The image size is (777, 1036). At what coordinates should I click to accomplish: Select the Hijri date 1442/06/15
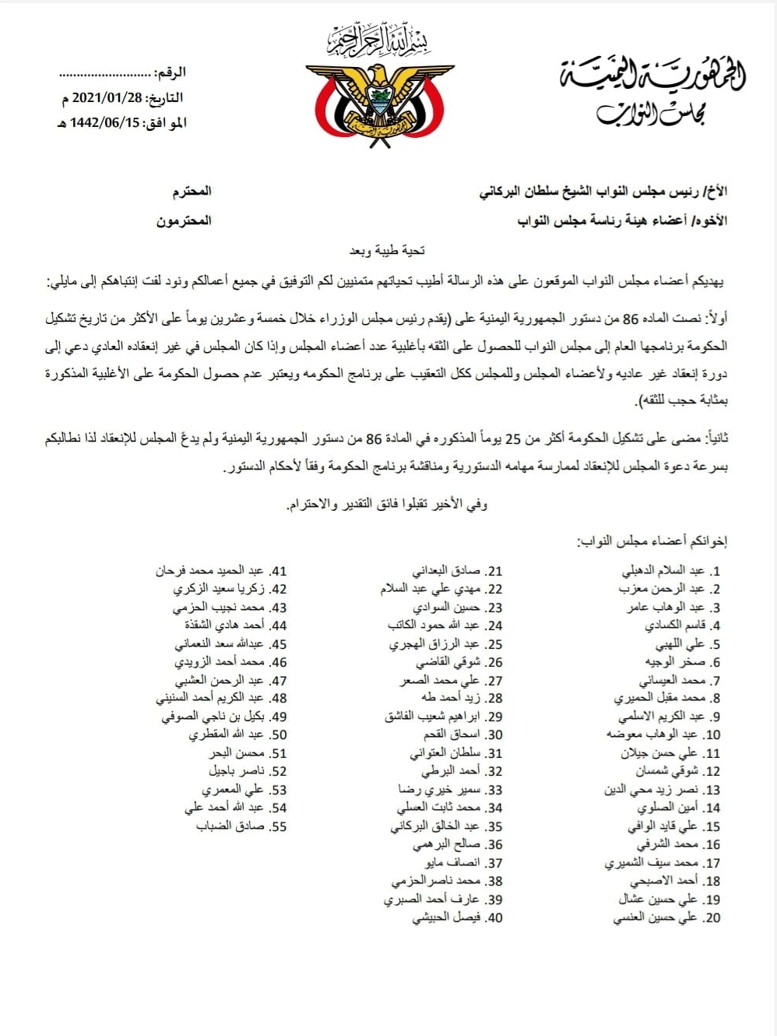pyautogui.click(x=105, y=123)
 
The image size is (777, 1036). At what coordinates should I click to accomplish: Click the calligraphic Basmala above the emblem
pyautogui.click(x=379, y=40)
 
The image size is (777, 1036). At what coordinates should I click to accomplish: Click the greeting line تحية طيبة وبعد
pyautogui.click(x=387, y=250)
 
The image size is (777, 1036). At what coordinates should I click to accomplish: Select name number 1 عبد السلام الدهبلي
pyautogui.click(x=663, y=571)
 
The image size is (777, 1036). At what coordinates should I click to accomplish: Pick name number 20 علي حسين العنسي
pyautogui.click(x=659, y=918)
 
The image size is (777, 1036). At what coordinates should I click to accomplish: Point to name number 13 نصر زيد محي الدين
pyautogui.click(x=651, y=790)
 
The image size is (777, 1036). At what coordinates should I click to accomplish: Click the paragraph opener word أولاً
pyautogui.click(x=715, y=319)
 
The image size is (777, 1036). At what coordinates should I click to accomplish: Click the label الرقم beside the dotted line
pyautogui.click(x=171, y=72)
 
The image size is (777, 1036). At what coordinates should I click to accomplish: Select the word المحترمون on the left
pyautogui.click(x=184, y=221)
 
